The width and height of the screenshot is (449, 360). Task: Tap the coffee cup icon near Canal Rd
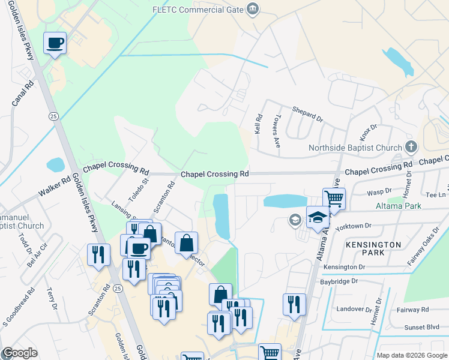pos(55,43)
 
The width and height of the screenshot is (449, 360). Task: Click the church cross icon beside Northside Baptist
pos(411,146)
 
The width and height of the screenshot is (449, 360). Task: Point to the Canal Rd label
pos(20,95)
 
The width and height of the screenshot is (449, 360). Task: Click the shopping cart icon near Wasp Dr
pos(334,199)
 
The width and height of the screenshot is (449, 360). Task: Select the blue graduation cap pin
pos(318,217)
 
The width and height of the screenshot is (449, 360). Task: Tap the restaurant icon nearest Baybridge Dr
pos(294,304)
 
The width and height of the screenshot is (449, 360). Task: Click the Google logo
pos(19,353)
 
